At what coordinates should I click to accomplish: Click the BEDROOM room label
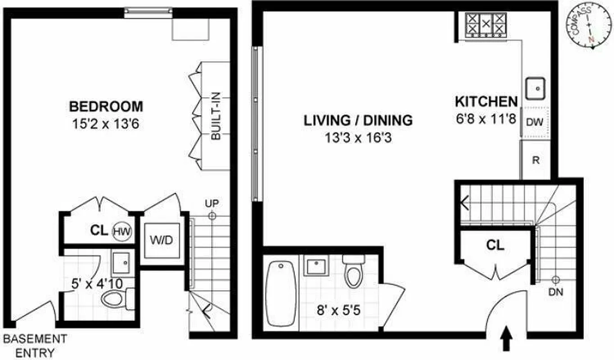click(106, 107)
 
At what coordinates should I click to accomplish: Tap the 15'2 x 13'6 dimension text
click(106, 123)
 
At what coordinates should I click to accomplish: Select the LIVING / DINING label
click(358, 121)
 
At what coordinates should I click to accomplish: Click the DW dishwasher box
click(535, 121)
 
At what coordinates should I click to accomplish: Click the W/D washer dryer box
click(162, 240)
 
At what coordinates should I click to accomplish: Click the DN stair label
click(556, 292)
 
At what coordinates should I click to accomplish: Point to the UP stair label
click(212, 204)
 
